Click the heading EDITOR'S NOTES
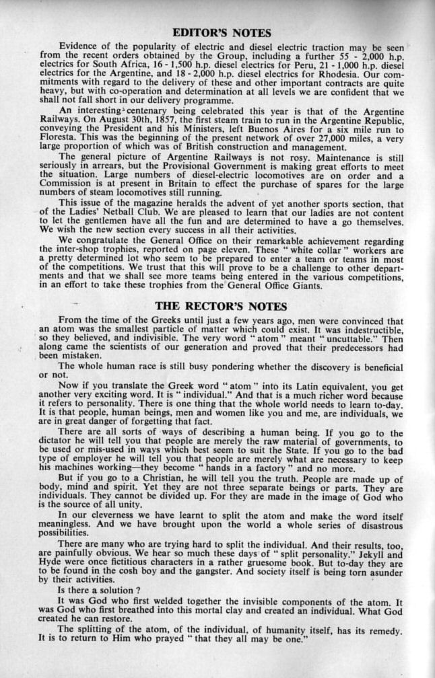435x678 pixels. pyautogui.click(x=222, y=32)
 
